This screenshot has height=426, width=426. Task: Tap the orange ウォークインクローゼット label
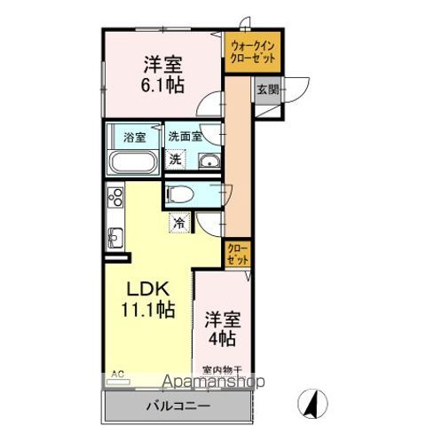point(252,51)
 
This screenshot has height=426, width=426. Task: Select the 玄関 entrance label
point(268,89)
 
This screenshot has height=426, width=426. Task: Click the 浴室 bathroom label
point(133,138)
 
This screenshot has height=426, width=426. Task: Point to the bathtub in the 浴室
point(133,163)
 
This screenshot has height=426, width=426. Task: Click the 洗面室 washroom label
point(185,138)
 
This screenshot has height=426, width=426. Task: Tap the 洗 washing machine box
point(177,161)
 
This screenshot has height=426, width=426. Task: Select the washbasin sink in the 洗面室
point(209,161)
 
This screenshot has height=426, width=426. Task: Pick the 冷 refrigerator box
point(180,223)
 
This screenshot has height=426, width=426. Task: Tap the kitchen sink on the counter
point(114,238)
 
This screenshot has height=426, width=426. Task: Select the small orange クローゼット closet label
point(237,255)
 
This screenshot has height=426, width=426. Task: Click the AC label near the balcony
point(117,374)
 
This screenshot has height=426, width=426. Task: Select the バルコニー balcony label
point(177,406)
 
